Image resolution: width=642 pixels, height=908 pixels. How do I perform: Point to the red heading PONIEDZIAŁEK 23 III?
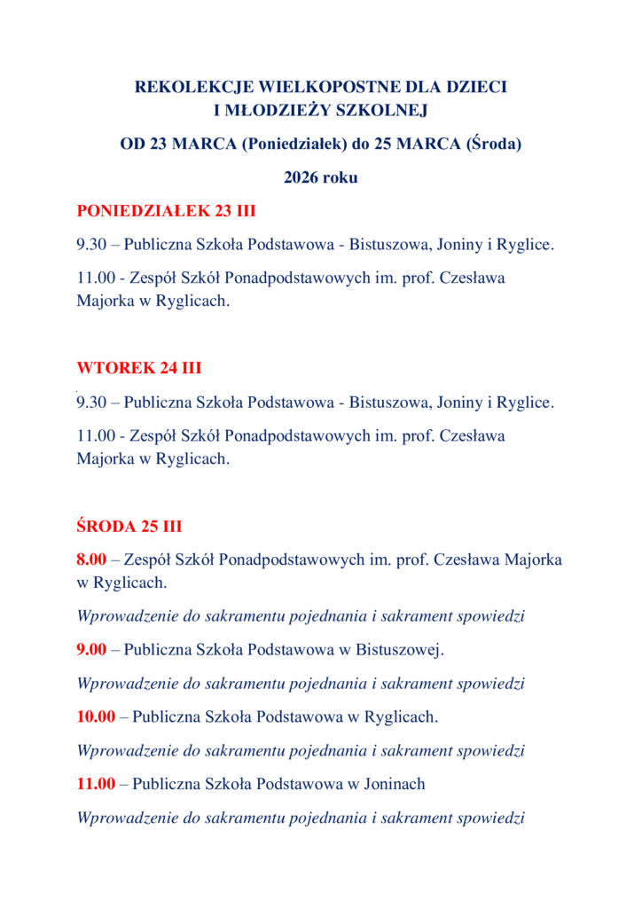[166, 211]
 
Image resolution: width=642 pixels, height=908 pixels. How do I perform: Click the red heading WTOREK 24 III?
[138, 369]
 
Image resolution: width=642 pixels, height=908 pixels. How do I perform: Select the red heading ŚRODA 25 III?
[129, 527]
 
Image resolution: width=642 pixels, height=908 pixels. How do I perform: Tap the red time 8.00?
[91, 560]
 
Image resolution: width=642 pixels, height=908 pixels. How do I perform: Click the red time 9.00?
[91, 650]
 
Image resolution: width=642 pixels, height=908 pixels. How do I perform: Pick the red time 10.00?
[96, 716]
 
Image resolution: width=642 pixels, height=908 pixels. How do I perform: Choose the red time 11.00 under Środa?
[96, 784]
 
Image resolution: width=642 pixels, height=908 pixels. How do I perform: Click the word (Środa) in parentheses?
[493, 144]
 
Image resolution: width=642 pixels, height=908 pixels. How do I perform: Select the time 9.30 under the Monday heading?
[91, 245]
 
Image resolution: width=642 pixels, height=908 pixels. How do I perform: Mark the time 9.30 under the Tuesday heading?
[91, 403]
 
